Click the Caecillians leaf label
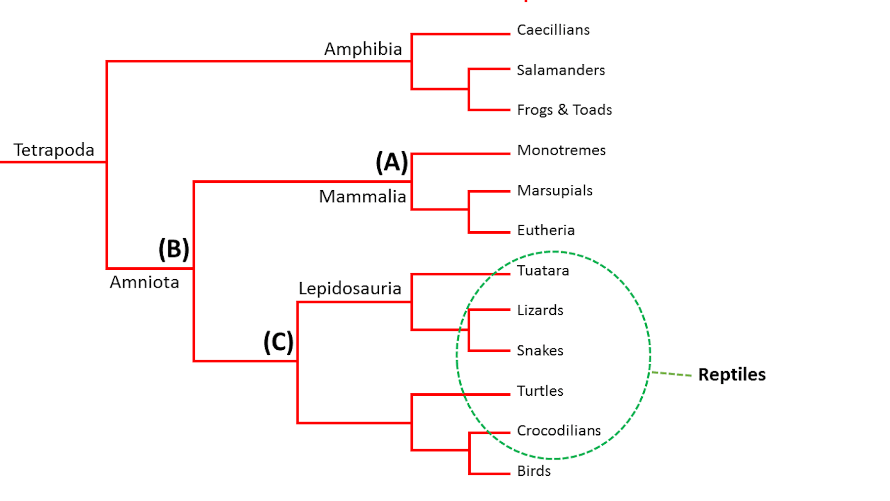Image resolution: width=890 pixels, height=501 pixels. point(553,30)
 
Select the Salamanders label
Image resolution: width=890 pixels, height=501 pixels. point(561,70)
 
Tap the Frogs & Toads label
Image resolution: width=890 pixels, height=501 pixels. point(564,110)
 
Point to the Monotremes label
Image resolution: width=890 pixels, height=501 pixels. point(561,150)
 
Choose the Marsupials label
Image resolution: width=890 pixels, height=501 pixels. point(555,191)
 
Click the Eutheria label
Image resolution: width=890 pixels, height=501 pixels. point(546,230)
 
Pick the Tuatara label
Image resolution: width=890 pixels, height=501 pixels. point(543,271)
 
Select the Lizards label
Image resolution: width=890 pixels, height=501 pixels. point(540,310)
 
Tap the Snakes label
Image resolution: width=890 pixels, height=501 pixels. point(540,350)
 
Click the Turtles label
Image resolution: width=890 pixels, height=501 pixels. point(540,391)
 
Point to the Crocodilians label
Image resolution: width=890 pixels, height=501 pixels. point(559,430)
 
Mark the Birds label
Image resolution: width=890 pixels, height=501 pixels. point(534,471)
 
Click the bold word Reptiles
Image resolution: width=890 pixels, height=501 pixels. point(732,375)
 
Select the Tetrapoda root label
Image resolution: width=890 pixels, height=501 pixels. point(54,150)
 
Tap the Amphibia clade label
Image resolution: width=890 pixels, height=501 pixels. point(363,49)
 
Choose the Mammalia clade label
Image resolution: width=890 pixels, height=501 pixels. point(362,196)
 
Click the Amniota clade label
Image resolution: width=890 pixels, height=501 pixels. point(144,282)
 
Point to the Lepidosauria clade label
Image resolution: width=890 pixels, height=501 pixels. point(350,289)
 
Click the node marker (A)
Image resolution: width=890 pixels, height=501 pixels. point(392,163)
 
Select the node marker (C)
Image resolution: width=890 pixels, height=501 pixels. point(278,342)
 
